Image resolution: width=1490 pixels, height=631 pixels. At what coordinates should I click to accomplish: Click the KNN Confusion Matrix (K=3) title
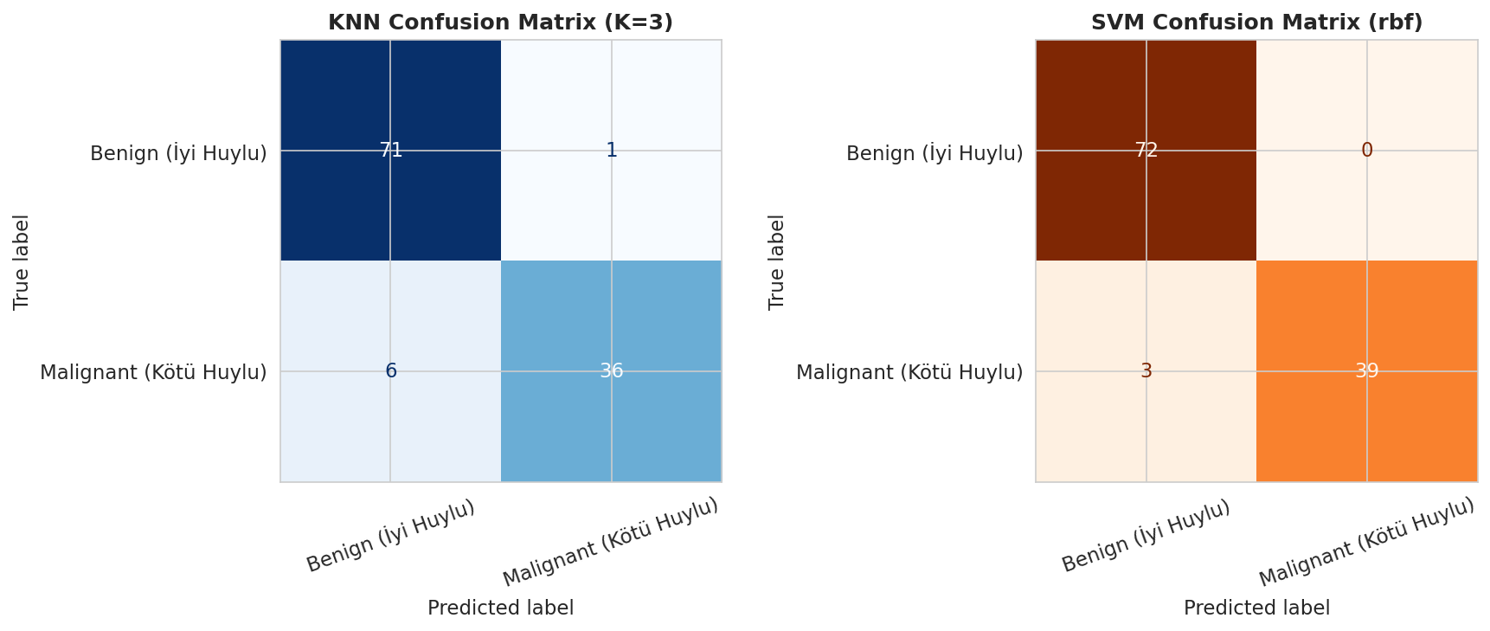(x=500, y=23)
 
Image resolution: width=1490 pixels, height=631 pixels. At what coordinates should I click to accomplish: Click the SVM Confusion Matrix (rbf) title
(x=1256, y=23)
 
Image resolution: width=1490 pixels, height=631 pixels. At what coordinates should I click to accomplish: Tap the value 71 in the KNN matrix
(x=390, y=150)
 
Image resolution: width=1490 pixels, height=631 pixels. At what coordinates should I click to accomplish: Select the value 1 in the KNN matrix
(x=611, y=150)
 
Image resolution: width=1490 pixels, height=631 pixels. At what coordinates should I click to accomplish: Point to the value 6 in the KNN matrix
(x=390, y=370)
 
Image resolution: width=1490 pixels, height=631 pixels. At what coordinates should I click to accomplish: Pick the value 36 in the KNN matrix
(x=611, y=370)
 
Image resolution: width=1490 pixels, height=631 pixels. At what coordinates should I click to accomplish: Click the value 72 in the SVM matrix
(x=1146, y=150)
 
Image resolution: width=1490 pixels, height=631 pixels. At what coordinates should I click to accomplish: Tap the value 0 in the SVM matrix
(x=1367, y=150)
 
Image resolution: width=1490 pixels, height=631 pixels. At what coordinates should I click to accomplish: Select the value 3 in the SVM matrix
(x=1146, y=370)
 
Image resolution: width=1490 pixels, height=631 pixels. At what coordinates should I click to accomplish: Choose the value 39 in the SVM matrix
(x=1367, y=370)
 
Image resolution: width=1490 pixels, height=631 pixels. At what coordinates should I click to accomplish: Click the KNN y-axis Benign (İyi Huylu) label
(x=178, y=153)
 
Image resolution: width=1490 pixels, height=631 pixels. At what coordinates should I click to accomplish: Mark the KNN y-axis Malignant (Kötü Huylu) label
(x=153, y=372)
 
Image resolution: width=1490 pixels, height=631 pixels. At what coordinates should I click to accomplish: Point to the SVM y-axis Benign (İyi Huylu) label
(x=934, y=153)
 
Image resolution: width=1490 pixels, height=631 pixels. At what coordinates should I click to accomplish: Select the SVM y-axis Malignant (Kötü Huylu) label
(x=909, y=372)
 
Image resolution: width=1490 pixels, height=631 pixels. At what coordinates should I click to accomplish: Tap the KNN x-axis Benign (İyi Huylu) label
(x=390, y=536)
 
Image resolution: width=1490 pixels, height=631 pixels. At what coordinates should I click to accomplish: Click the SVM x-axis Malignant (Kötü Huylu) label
(x=1367, y=543)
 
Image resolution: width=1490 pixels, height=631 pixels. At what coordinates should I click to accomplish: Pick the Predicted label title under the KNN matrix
(x=500, y=608)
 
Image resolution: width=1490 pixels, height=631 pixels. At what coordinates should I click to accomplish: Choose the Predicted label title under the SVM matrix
(x=1256, y=608)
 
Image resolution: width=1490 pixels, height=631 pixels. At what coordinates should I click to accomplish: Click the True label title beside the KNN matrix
(x=22, y=261)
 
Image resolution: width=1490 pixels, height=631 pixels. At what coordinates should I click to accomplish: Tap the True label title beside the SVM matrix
(x=777, y=261)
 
